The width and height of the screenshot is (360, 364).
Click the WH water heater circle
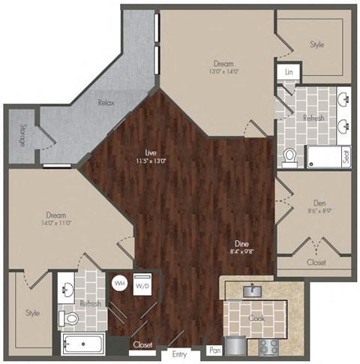click(119, 284)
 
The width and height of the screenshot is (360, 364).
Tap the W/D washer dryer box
click(142, 286)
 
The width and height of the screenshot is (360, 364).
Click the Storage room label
click(24, 135)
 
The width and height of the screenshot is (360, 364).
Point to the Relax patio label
click(105, 103)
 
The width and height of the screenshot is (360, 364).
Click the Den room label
click(316, 202)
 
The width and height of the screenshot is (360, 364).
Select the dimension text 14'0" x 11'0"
click(58, 223)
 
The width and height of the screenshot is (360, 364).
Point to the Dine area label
click(241, 244)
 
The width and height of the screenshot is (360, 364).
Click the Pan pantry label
click(215, 350)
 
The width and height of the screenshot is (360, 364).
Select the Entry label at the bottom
click(178, 354)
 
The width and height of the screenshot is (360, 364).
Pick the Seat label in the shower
click(346, 157)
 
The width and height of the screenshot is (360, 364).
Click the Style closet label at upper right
click(317, 44)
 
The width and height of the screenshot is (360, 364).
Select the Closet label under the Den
click(316, 263)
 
